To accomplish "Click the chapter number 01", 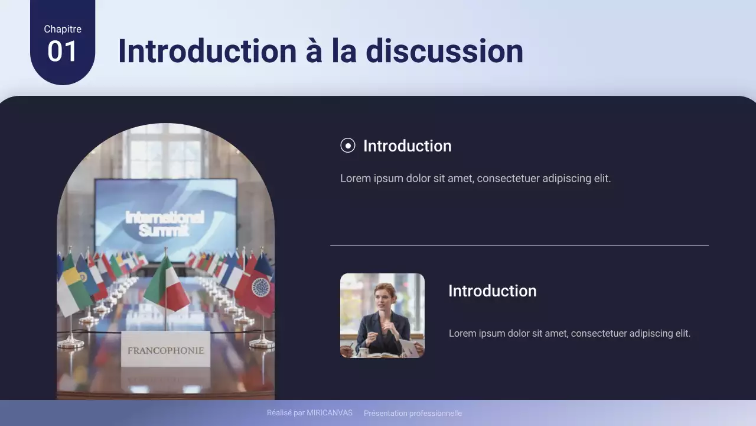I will click(62, 52).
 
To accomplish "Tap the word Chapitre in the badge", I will click(63, 29).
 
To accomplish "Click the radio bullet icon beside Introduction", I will click(348, 146).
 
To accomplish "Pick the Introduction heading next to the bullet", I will click(407, 146).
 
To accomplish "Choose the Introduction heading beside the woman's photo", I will click(492, 291).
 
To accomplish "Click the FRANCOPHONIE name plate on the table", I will click(165, 350).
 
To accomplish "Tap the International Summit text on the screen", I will click(165, 224).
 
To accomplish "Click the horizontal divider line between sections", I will click(519, 245).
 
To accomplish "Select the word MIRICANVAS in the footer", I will click(330, 413).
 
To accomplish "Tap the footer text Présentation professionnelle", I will click(413, 414).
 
